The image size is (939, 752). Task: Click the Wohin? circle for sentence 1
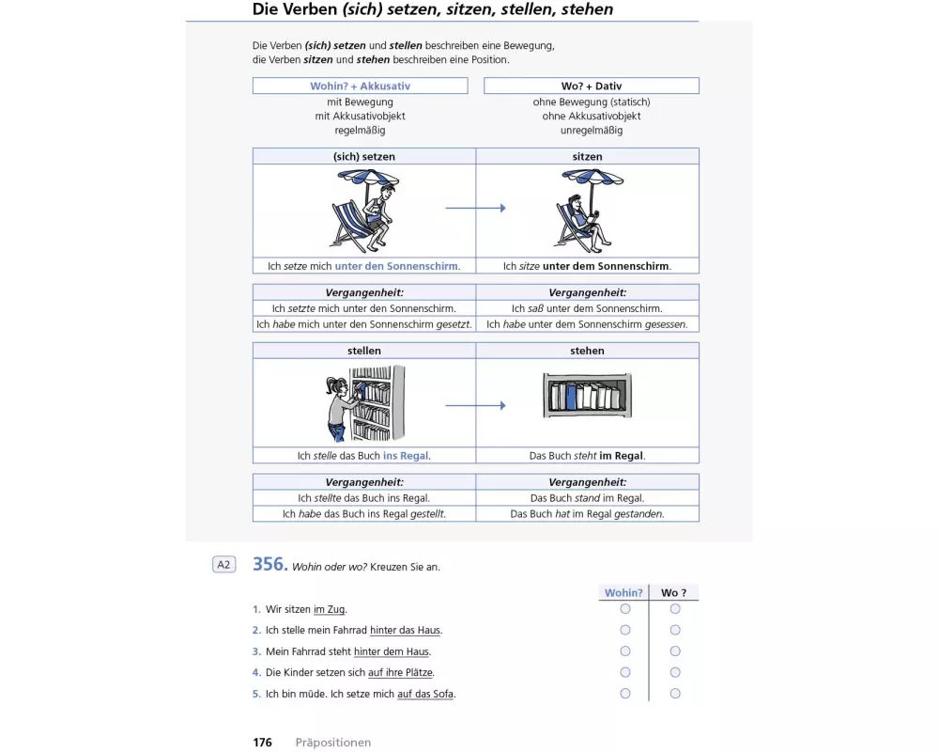tap(625, 609)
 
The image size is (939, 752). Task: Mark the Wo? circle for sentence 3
tap(675, 651)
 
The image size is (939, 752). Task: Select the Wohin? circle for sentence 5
tap(625, 694)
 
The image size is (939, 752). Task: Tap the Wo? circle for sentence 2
tap(675, 630)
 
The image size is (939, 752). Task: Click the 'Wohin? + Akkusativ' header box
tap(360, 86)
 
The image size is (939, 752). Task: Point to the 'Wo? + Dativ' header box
tap(591, 86)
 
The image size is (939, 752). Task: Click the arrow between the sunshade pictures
tap(475, 208)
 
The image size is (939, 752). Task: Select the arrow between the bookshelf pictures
tap(475, 405)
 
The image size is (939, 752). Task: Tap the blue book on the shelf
tap(570, 397)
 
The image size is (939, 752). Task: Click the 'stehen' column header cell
tap(587, 351)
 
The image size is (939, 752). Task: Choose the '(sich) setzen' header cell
tap(364, 156)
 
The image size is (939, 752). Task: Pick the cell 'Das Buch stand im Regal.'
tap(587, 498)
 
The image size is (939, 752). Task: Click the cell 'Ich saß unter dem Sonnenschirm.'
tap(587, 308)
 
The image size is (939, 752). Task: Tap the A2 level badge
tap(223, 565)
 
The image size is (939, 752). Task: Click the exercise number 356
tap(269, 564)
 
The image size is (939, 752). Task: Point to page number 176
tap(262, 743)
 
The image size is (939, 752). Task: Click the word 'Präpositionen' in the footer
tap(333, 743)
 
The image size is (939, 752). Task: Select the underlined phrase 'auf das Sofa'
tap(426, 695)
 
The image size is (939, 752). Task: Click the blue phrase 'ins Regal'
tap(406, 456)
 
